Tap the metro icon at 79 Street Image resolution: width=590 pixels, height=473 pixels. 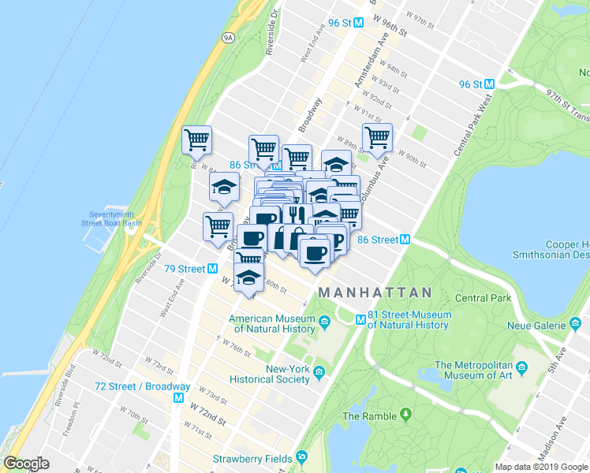coord(212,269)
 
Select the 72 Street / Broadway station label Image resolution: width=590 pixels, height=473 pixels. coord(142,386)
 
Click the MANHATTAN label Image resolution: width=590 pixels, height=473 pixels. coord(375,292)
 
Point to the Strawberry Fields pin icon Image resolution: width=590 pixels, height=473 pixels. coord(301,458)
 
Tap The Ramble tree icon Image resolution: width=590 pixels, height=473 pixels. coord(405,414)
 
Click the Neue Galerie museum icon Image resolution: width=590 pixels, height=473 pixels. coord(575,324)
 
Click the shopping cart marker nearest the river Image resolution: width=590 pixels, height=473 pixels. coord(196,140)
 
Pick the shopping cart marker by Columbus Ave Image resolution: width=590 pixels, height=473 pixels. coord(378,137)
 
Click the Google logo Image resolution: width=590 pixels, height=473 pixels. coord(27,464)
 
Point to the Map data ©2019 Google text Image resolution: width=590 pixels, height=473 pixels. coord(541,467)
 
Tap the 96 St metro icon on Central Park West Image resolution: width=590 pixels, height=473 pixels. coord(488,84)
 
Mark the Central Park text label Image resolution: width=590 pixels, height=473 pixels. coord(483,298)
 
